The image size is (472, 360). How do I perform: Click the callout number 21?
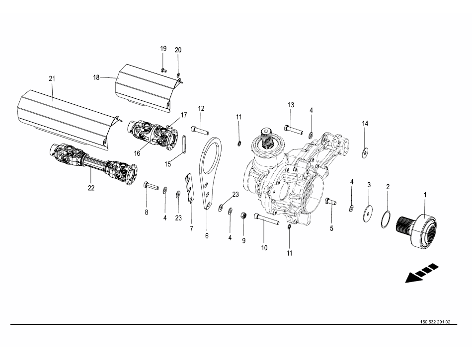[52, 78]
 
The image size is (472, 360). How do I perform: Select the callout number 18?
[96, 77]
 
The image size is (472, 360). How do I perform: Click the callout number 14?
[365, 123]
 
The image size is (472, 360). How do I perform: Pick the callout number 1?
[425, 194]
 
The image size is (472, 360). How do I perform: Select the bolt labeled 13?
[294, 130]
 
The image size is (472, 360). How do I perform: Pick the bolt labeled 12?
[200, 131]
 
